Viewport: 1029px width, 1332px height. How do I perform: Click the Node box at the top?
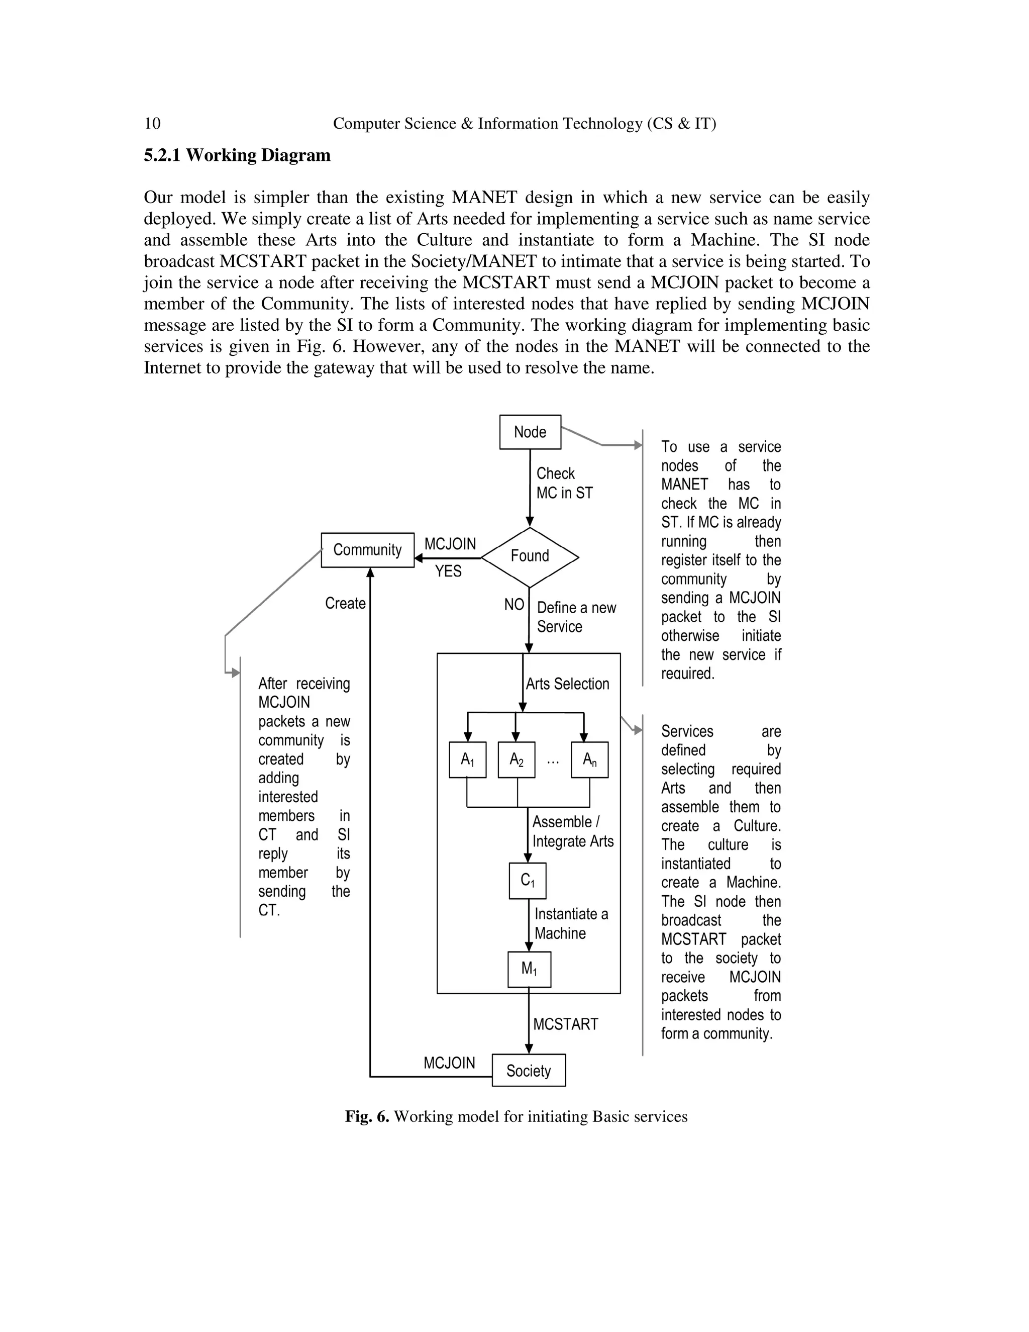[530, 432]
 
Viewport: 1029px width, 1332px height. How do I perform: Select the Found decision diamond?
[530, 556]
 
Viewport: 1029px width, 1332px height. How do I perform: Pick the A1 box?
[468, 759]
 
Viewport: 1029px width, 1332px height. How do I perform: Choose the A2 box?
[517, 759]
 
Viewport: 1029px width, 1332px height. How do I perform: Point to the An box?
[589, 759]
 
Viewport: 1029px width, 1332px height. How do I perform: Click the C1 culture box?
[527, 881]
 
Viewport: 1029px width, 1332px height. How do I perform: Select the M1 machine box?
[529, 969]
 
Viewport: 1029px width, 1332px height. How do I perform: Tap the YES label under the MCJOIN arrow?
[448, 572]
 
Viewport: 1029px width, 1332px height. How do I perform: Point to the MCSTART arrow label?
[565, 1024]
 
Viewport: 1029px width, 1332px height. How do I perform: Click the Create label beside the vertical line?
[345, 603]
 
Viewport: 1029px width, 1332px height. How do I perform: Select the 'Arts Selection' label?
[567, 684]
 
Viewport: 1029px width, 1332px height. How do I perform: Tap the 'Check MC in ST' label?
[564, 483]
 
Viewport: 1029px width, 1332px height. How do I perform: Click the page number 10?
[152, 124]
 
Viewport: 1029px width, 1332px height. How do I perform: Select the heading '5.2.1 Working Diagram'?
[237, 155]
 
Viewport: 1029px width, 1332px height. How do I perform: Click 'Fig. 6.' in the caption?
[366, 1117]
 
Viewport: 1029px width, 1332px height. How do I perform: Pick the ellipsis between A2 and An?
[553, 760]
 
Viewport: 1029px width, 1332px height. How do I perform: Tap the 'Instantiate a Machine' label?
[571, 923]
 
